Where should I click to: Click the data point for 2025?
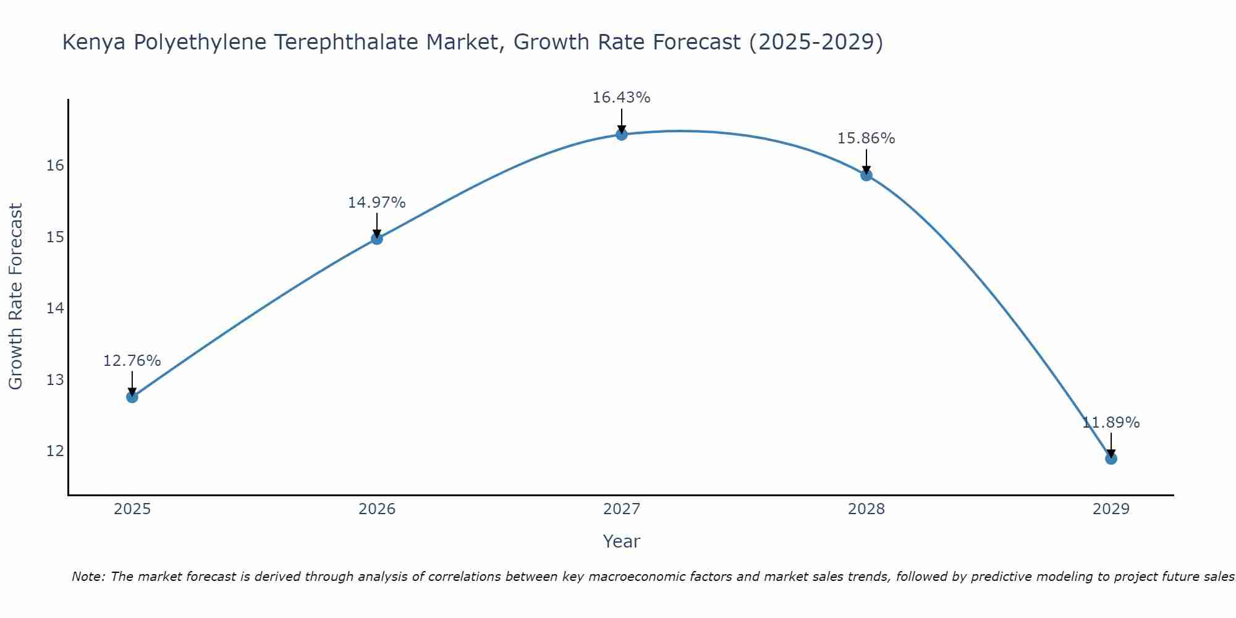point(132,397)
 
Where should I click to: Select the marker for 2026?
point(377,239)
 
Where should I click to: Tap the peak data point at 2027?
point(622,134)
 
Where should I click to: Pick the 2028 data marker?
point(866,175)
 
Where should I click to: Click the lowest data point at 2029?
point(1111,459)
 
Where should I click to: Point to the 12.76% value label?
point(132,361)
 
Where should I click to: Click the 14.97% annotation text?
point(377,203)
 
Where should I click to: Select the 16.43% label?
point(622,98)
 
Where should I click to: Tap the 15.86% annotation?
point(866,138)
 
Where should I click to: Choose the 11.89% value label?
point(1111,423)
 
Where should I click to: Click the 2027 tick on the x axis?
point(622,509)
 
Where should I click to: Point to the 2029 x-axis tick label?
point(1111,509)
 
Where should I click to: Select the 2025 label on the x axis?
point(132,509)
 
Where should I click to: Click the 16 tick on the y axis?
point(56,166)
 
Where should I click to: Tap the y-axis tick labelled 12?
point(56,451)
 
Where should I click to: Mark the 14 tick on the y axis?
point(56,308)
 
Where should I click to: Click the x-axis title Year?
point(622,541)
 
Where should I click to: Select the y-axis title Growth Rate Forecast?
point(16,297)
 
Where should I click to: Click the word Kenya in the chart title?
point(95,43)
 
